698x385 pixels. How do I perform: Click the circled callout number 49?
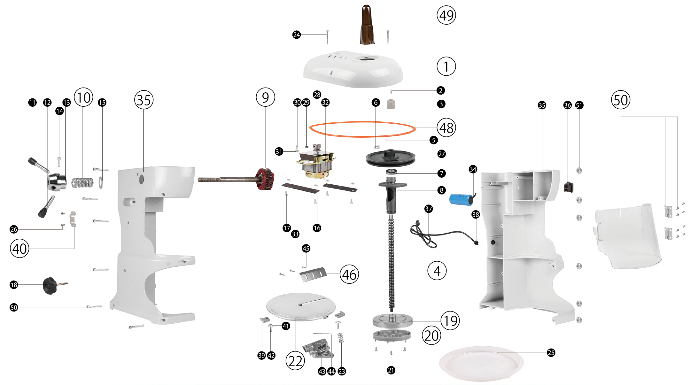click(x=446, y=15)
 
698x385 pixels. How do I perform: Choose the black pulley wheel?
click(x=391, y=158)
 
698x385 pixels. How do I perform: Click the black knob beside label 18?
click(x=50, y=285)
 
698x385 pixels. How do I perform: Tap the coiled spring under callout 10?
click(x=82, y=182)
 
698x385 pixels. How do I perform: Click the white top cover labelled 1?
click(x=353, y=69)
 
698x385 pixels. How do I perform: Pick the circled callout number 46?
click(x=349, y=274)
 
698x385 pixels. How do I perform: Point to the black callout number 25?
click(x=551, y=353)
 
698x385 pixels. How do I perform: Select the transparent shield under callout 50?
click(x=626, y=236)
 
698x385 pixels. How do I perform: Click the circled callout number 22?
click(x=295, y=361)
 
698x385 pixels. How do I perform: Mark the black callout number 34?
click(x=473, y=169)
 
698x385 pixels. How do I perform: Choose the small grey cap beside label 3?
click(x=391, y=104)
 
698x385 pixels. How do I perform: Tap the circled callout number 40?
click(x=19, y=249)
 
